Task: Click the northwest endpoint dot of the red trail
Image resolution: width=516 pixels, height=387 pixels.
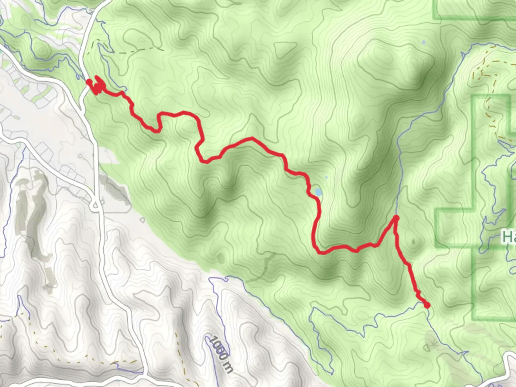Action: point(89,82)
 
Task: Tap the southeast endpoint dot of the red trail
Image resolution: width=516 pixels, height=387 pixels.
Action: point(427,305)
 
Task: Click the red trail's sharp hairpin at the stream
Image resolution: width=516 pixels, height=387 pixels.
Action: point(396,218)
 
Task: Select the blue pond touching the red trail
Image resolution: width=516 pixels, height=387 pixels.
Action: point(318,192)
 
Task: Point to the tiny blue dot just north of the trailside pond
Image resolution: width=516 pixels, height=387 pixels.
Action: point(326,177)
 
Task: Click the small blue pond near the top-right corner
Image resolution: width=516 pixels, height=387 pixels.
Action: point(424,42)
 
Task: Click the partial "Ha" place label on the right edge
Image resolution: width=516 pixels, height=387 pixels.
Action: point(509,237)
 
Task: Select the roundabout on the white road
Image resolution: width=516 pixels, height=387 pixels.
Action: point(96,205)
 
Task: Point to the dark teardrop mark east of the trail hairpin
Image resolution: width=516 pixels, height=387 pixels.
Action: point(415,242)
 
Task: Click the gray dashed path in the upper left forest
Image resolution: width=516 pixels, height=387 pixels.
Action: point(136,50)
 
